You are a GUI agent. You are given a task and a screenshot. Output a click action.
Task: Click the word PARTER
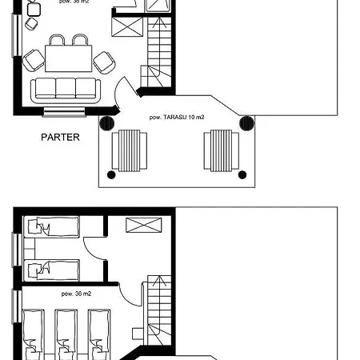coord(61,137)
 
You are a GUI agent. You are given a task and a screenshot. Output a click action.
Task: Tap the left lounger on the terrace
coord(129,150)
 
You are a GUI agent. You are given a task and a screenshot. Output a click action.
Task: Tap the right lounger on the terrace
coord(222,150)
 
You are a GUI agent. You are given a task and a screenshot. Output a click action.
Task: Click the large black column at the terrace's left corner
coord(106,122)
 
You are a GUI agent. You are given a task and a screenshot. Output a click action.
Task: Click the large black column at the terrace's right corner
coord(246,122)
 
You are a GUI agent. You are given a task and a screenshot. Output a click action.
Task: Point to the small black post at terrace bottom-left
coord(112,174)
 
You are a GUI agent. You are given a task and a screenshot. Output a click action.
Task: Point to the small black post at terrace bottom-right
coord(239,174)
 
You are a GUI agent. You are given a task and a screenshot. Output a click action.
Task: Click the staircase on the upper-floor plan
coord(157,308)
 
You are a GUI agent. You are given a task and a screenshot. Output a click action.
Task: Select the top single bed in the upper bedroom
coord(51,228)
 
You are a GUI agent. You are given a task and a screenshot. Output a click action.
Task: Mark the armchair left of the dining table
coord(34,59)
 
